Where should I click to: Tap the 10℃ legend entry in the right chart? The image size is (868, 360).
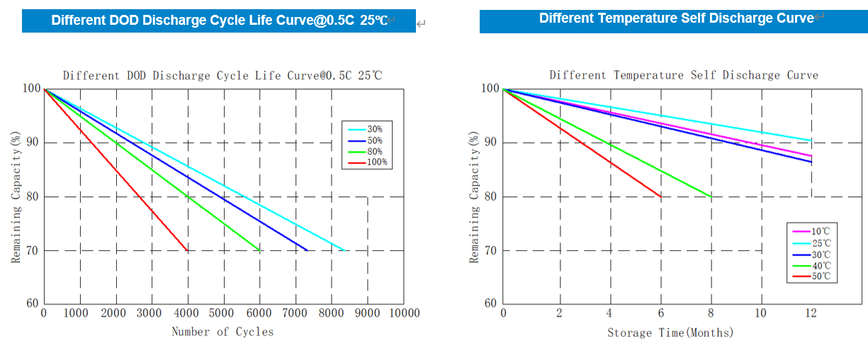tap(819, 232)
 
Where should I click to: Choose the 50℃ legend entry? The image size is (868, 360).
tap(819, 276)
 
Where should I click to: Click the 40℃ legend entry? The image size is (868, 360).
tap(819, 265)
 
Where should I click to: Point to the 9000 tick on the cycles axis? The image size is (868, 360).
tap(367, 313)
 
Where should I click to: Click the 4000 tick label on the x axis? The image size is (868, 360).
tap(187, 313)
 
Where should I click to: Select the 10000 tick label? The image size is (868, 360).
tap(404, 313)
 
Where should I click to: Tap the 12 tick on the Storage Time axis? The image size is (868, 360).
tap(811, 313)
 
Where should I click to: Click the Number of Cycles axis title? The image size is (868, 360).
tap(222, 332)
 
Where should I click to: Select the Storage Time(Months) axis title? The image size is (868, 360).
tap(670, 332)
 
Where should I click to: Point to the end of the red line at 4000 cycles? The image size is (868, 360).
tap(187, 250)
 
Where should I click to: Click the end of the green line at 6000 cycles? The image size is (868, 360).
tap(259, 250)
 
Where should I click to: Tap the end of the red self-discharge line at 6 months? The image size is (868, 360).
tap(661, 196)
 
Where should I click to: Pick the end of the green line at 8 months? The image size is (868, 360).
tap(711, 196)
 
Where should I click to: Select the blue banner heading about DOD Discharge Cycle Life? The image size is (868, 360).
tap(218, 21)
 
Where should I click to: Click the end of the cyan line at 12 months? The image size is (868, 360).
tap(811, 140)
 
